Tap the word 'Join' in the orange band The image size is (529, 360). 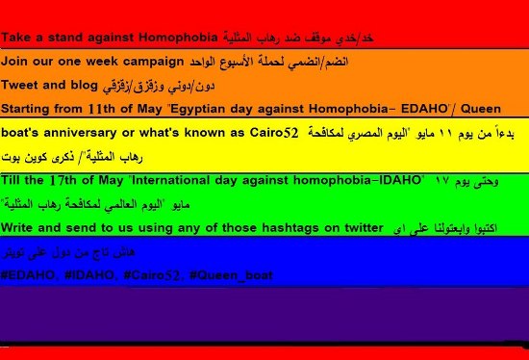pyautogui.click(x=14, y=61)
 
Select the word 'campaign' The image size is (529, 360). pyautogui.click(x=151, y=61)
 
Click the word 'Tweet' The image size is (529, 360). pyautogui.click(x=20, y=84)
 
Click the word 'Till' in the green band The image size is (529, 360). pyautogui.click(x=13, y=180)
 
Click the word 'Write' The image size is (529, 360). pyautogui.click(x=19, y=227)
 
